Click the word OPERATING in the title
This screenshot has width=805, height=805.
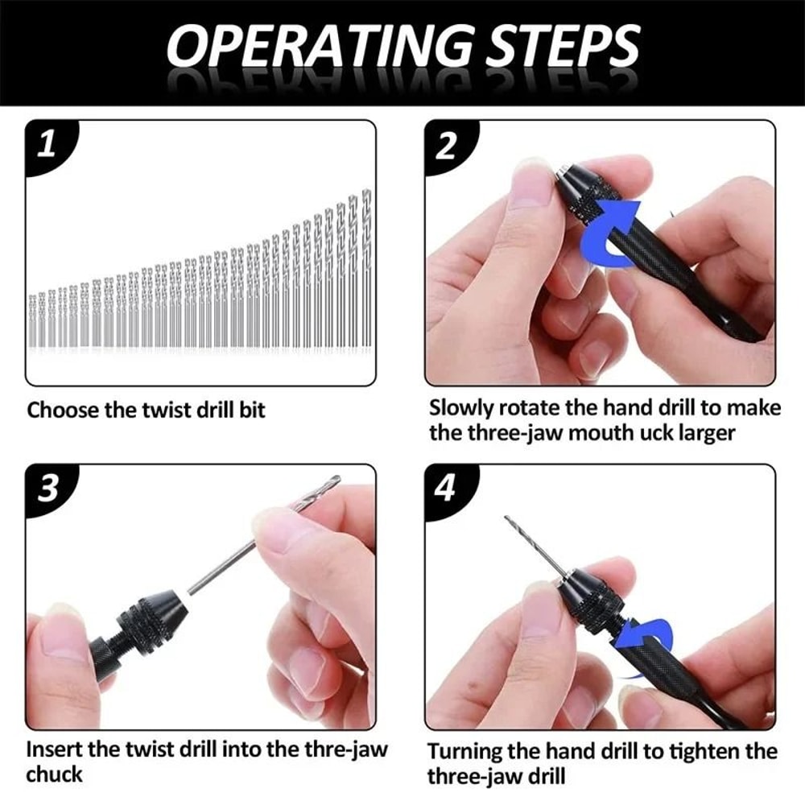click(309, 47)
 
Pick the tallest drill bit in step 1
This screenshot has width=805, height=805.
click(366, 270)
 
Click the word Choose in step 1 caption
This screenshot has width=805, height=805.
click(60, 411)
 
